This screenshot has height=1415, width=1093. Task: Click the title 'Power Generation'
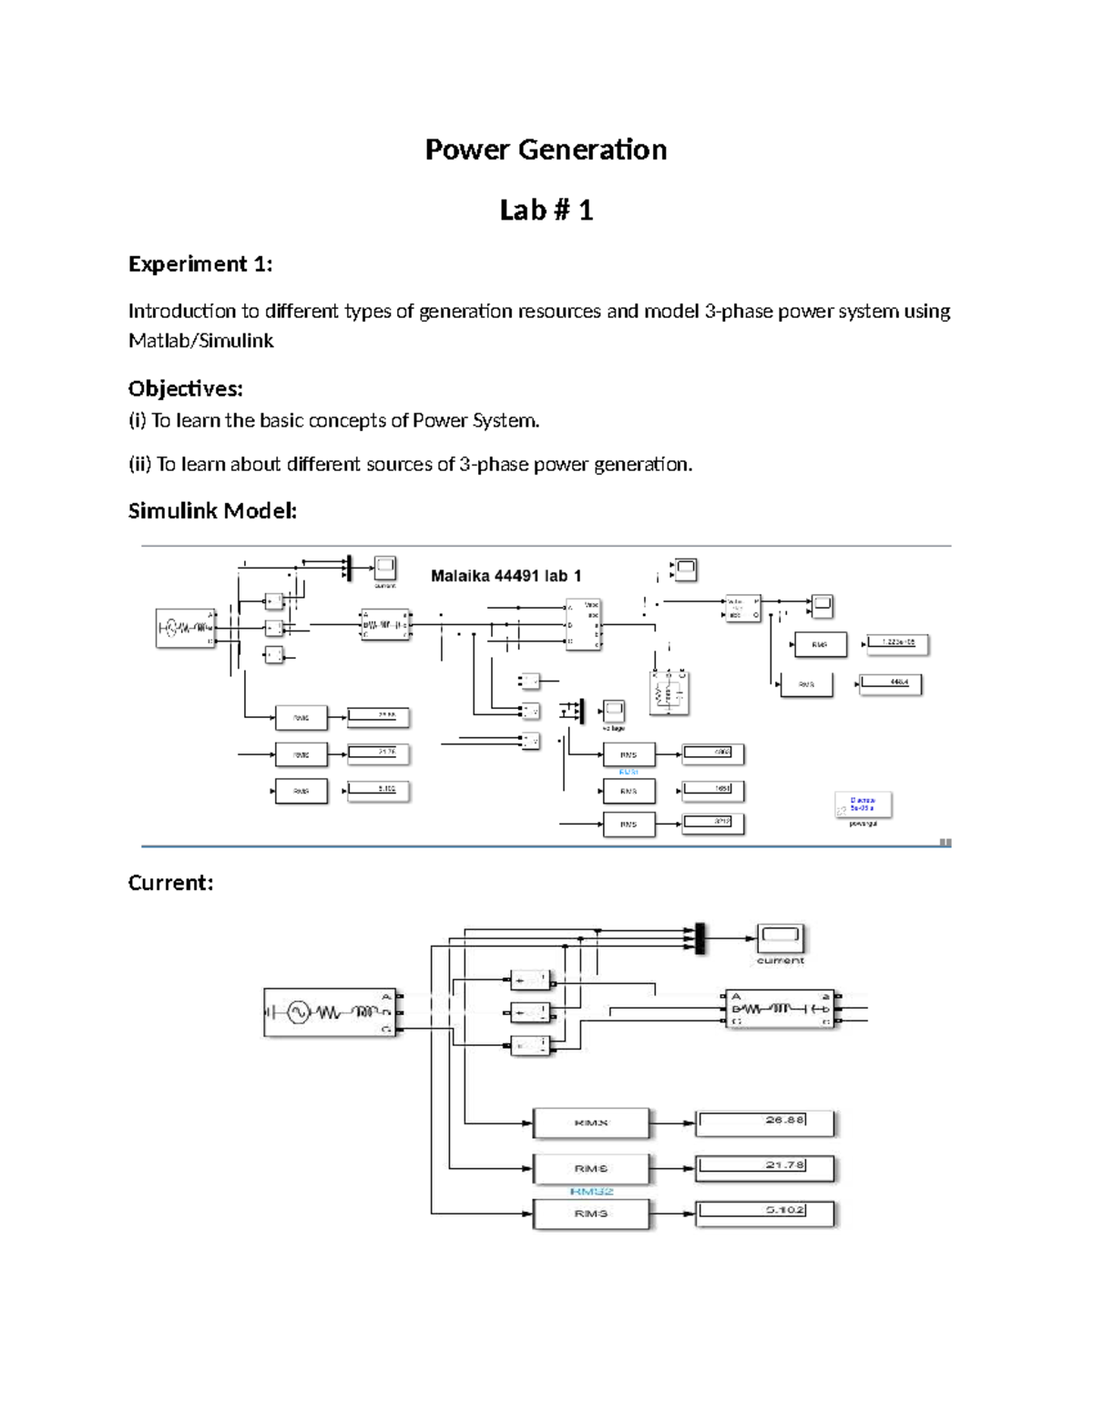[546, 149]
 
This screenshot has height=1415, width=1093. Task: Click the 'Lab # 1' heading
[546, 210]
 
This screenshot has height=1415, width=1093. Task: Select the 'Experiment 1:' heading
[200, 264]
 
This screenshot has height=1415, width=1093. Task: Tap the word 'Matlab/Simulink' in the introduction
[200, 341]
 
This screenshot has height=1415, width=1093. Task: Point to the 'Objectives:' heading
[186, 389]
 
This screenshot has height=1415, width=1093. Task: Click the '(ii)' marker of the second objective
[139, 465]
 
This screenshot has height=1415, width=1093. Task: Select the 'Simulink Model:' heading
[212, 511]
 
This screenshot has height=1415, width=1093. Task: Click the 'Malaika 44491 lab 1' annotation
[506, 576]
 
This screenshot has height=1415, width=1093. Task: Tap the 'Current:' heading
[170, 883]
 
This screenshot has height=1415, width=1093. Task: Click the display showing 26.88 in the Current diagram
[764, 1123]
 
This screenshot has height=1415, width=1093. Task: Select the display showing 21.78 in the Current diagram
[764, 1168]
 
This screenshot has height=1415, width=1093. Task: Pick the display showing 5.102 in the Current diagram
[764, 1214]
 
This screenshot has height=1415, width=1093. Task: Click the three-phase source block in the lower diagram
[331, 1012]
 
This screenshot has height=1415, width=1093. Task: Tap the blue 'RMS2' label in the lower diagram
[591, 1191]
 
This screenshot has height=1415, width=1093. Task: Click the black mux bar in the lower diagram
[700, 938]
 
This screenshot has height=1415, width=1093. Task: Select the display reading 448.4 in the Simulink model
[890, 683]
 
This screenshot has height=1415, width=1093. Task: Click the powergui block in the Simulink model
[863, 805]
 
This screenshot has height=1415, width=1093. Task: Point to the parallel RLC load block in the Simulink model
[669, 694]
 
